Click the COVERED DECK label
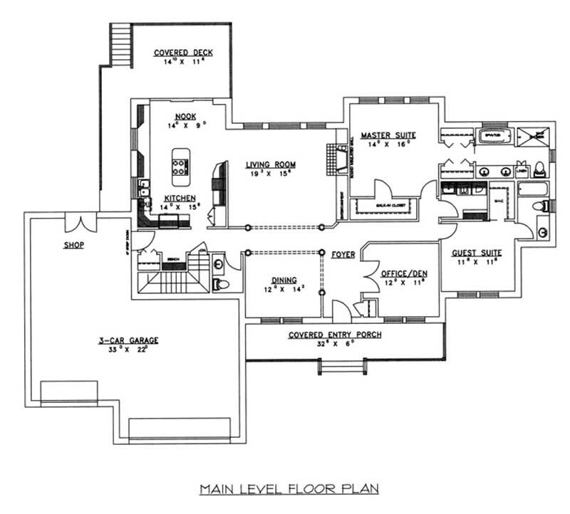pos(184,53)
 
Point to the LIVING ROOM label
pos(272,164)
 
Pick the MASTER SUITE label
pos(388,135)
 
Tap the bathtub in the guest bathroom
pos(534,189)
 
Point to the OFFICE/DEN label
pos(403,273)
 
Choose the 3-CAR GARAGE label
pos(128,340)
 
